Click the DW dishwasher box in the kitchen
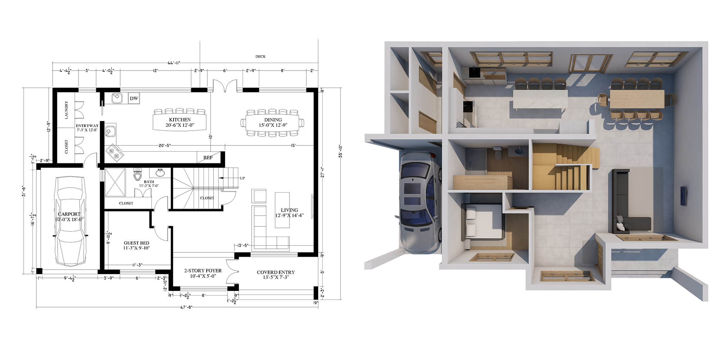[x=134, y=98]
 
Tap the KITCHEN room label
[x=180, y=120]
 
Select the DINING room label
[x=273, y=120]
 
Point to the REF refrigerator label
[x=208, y=158]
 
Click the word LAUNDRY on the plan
[x=66, y=110]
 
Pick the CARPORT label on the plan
[x=69, y=214]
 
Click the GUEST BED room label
[x=136, y=243]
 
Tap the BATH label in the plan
[x=149, y=182]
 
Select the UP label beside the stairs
[x=242, y=178]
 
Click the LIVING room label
[x=289, y=210]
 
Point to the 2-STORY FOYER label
[x=203, y=271]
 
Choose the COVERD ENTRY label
[x=276, y=272]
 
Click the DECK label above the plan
[x=260, y=57]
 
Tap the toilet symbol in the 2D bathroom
[x=137, y=175]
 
